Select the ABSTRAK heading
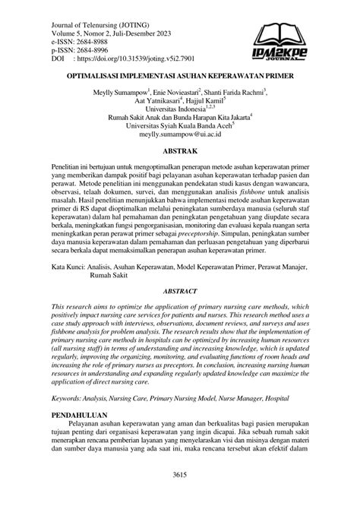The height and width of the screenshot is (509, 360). tap(180, 151)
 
